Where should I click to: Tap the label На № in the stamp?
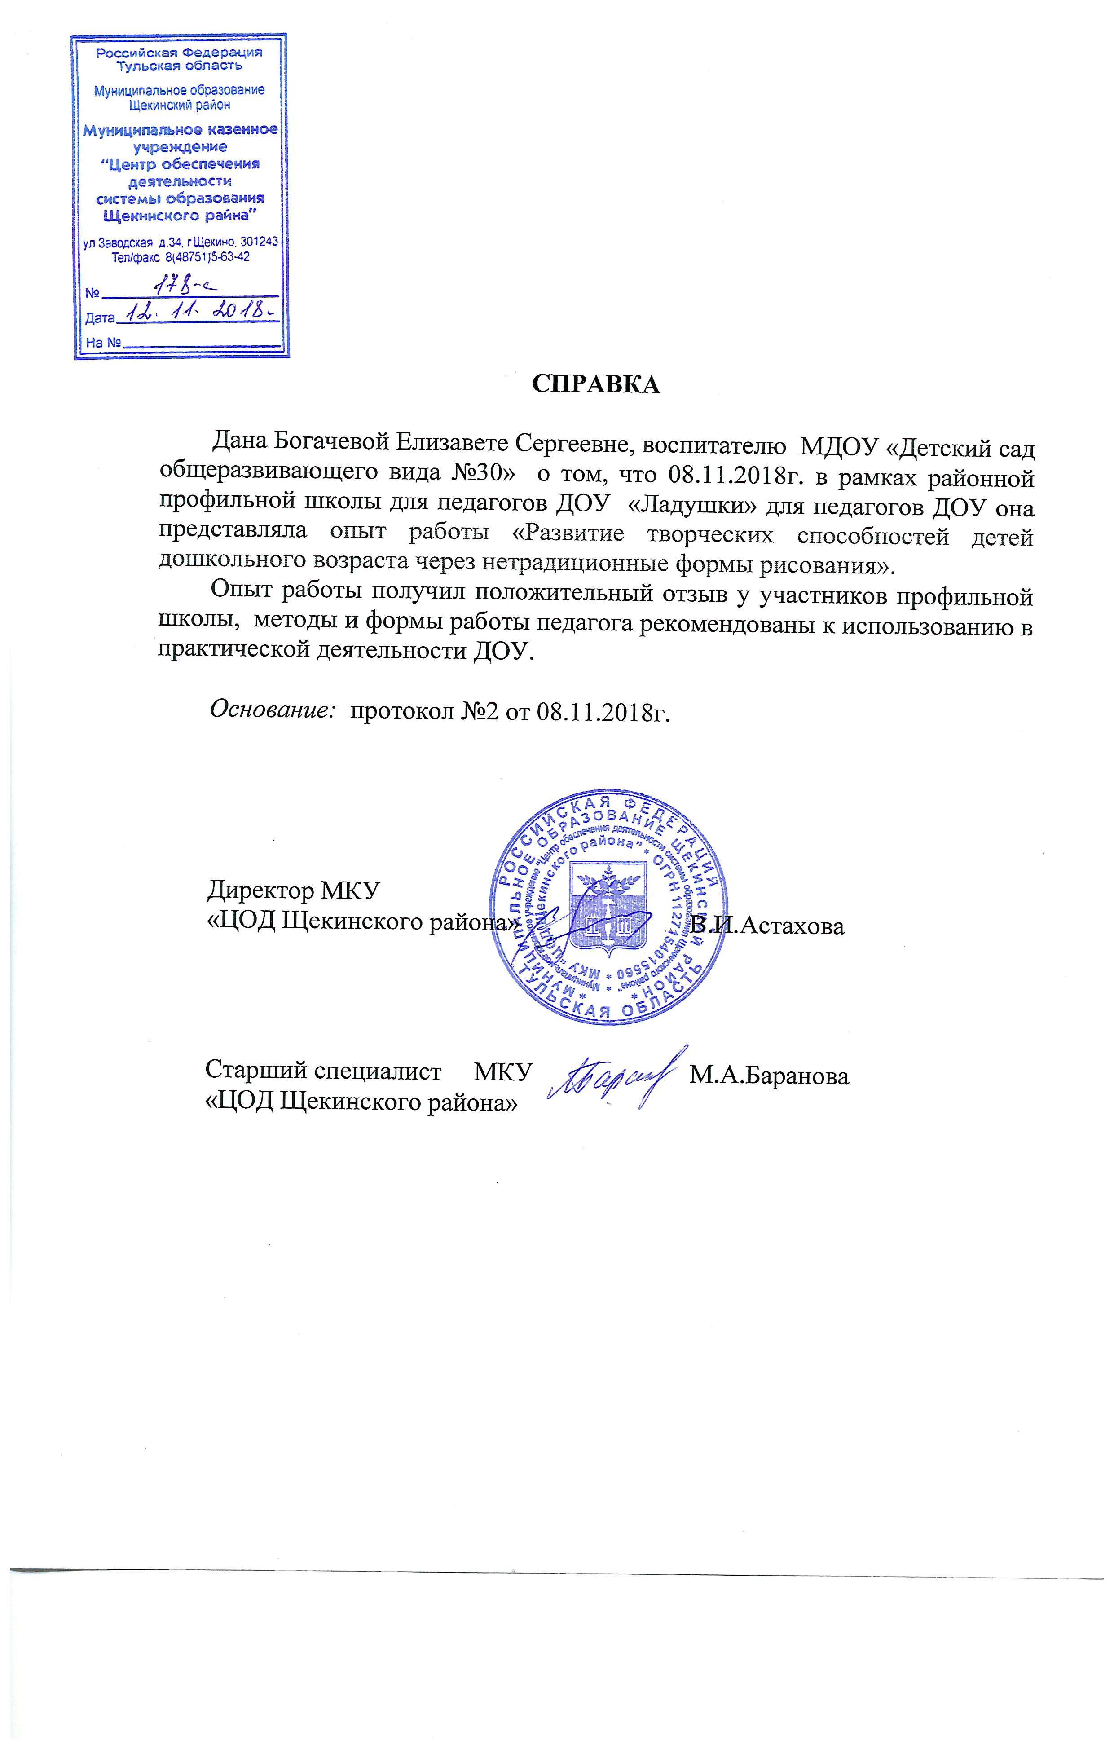coord(102,342)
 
